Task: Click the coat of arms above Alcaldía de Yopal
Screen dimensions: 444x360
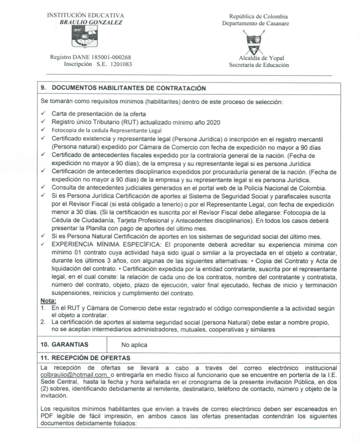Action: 254,42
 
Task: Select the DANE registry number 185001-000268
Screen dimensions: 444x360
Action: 111,57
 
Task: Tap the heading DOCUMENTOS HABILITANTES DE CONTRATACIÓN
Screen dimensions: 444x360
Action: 129,88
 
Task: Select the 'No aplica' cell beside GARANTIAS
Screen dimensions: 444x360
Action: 134,345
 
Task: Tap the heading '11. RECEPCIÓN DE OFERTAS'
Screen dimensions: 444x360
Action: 85,358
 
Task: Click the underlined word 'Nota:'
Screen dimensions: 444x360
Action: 48,301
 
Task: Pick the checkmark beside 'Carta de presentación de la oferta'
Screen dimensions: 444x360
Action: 43,114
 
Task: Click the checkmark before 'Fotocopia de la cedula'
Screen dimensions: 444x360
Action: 43,130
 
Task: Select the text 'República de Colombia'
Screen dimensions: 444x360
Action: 258,16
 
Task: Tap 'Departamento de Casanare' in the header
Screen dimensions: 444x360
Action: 255,23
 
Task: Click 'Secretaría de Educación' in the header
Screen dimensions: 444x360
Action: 259,65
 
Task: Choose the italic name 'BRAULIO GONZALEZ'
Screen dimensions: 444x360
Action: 91,22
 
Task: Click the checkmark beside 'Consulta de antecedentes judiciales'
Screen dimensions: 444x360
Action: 43,187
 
